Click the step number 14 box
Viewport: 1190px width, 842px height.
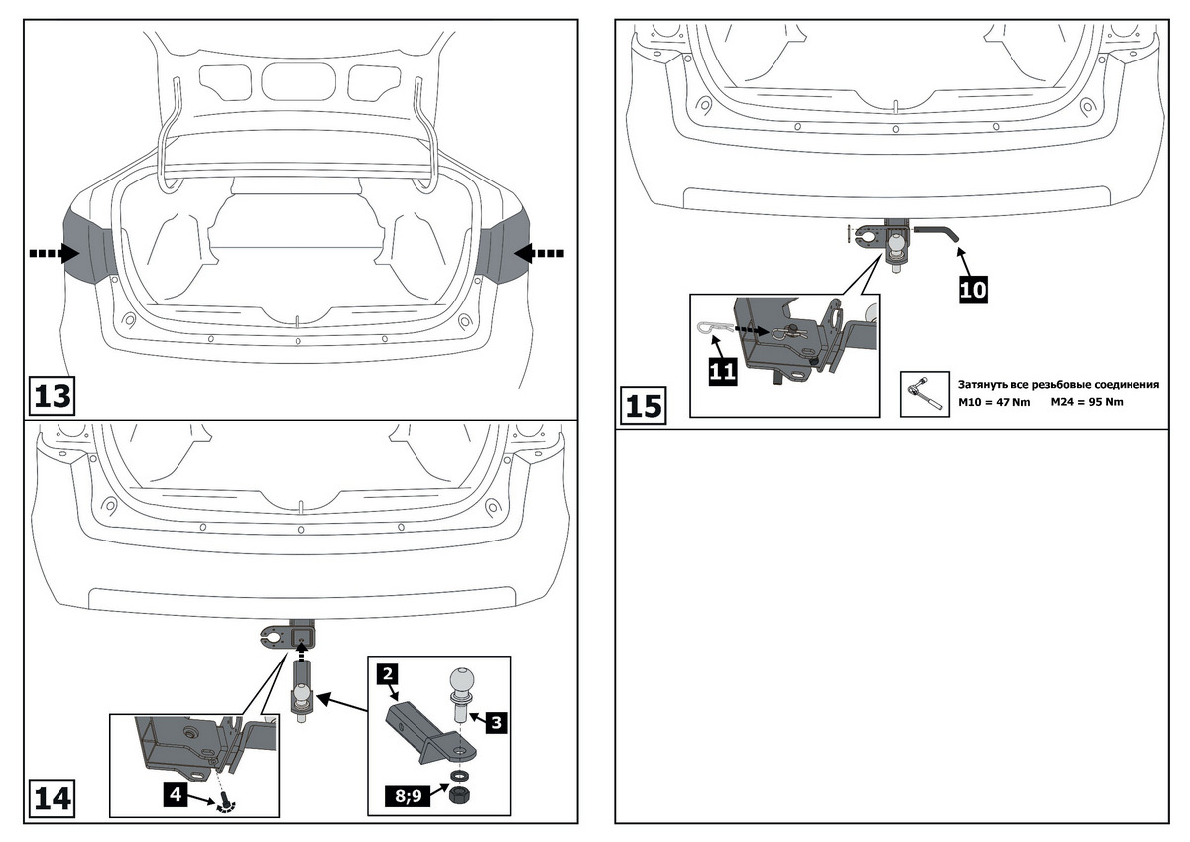[x=53, y=797]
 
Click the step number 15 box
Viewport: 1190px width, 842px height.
[x=645, y=407]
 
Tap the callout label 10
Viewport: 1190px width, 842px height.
[x=973, y=289]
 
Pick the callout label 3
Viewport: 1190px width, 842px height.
[x=496, y=722]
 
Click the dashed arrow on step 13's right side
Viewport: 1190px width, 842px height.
[x=538, y=254]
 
